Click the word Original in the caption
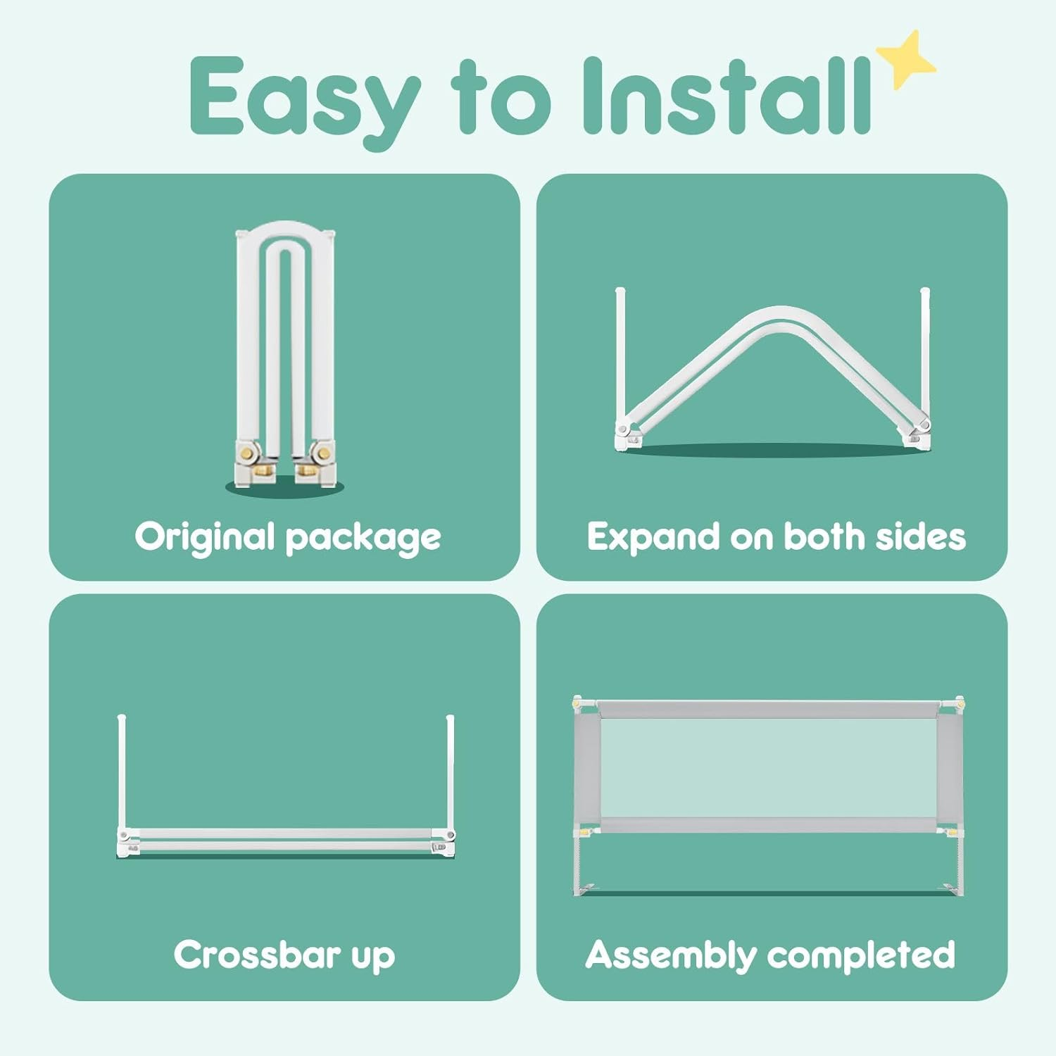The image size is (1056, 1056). [204, 537]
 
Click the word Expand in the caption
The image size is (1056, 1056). [653, 537]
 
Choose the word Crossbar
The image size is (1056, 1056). [257, 955]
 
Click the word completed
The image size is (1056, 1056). [861, 955]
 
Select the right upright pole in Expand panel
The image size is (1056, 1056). [925, 352]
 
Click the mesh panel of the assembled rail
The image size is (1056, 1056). [768, 768]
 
